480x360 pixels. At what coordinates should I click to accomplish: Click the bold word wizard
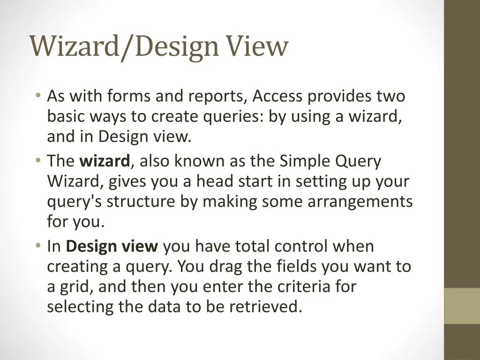point(105,161)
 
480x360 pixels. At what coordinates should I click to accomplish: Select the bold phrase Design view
point(112,246)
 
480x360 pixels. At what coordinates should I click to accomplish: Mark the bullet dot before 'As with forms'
point(37,96)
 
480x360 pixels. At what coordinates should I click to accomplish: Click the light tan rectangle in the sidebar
point(462,306)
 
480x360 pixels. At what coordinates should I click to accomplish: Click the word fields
point(296,266)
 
